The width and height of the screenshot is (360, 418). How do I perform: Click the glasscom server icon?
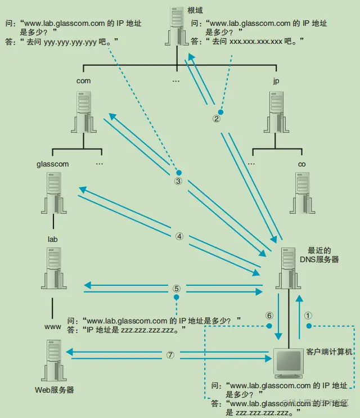click(53, 194)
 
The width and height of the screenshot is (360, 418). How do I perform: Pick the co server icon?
click(302, 194)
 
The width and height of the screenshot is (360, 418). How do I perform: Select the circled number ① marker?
click(308, 316)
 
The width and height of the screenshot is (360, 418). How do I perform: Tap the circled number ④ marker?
click(179, 236)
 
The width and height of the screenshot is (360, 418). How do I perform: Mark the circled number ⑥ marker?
click(269, 316)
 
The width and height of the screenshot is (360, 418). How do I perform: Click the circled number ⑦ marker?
click(171, 355)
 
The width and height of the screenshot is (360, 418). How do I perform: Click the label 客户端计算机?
click(329, 351)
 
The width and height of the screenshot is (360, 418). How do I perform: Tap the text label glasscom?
click(52, 164)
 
